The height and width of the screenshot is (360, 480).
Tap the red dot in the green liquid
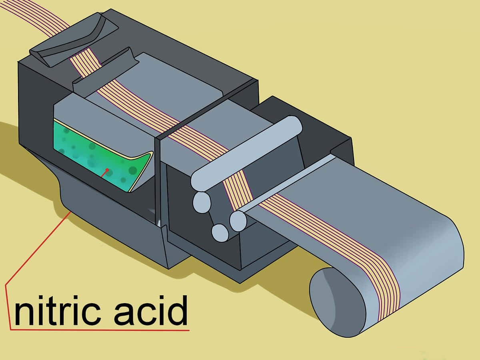(107, 170)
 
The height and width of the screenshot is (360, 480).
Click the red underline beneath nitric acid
(100, 330)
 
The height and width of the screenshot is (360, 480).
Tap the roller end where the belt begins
(238, 220)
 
